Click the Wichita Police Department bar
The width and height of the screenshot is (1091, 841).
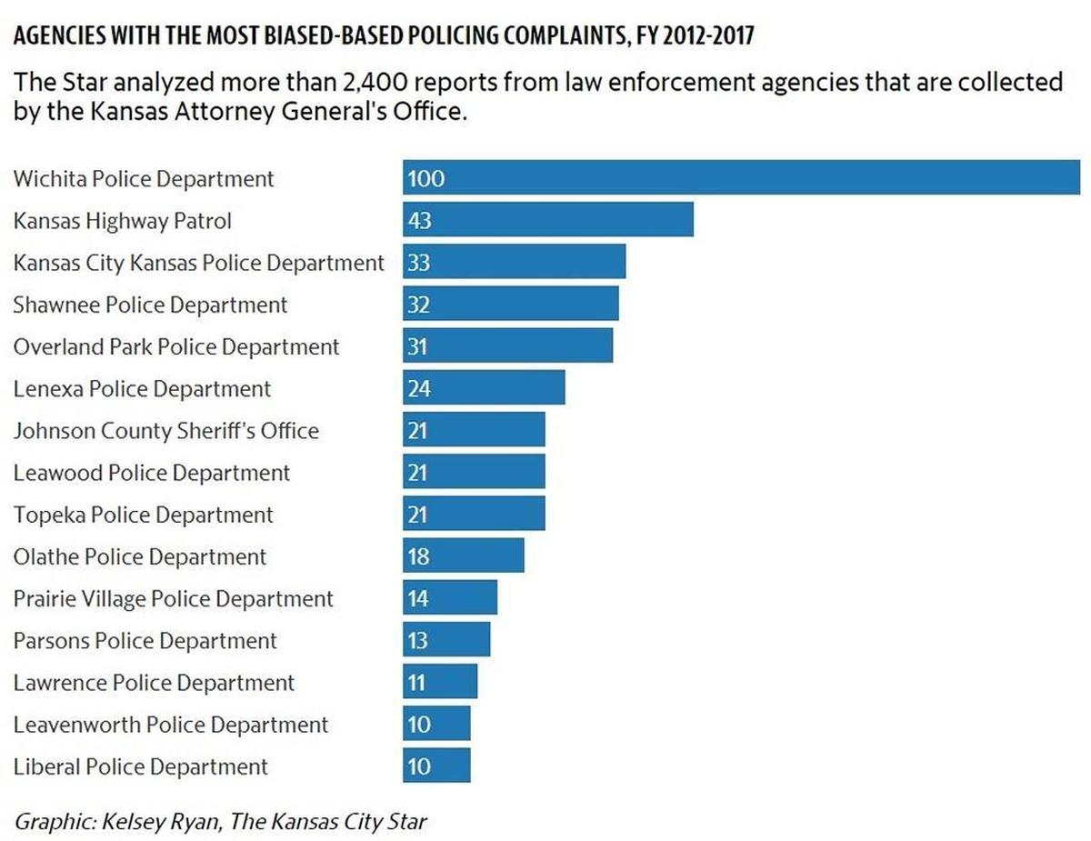coord(741,177)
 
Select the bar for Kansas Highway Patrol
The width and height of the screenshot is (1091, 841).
coord(547,219)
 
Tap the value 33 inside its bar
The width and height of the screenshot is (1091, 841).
coord(419,262)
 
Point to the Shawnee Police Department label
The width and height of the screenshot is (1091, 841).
coord(150,305)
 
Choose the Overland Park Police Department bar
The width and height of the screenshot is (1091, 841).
coord(507,345)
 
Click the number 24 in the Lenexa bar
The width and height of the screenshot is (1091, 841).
coord(419,388)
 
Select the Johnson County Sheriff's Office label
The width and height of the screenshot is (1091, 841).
coord(166,431)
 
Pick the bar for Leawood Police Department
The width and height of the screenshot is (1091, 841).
coord(474,472)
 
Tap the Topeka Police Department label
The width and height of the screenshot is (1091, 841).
coord(144,515)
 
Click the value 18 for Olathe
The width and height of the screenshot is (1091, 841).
coord(418,556)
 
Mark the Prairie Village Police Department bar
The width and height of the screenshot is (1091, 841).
coord(450,597)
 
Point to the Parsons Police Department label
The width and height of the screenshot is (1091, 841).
coord(145,641)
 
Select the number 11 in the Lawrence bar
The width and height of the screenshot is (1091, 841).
coord(416,683)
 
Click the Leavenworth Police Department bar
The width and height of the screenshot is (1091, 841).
coord(436,724)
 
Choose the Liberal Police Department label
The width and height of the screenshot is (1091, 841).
coord(141,766)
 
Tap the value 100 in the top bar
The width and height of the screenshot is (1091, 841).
coord(425,179)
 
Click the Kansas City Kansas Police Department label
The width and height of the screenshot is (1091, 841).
coord(199,263)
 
